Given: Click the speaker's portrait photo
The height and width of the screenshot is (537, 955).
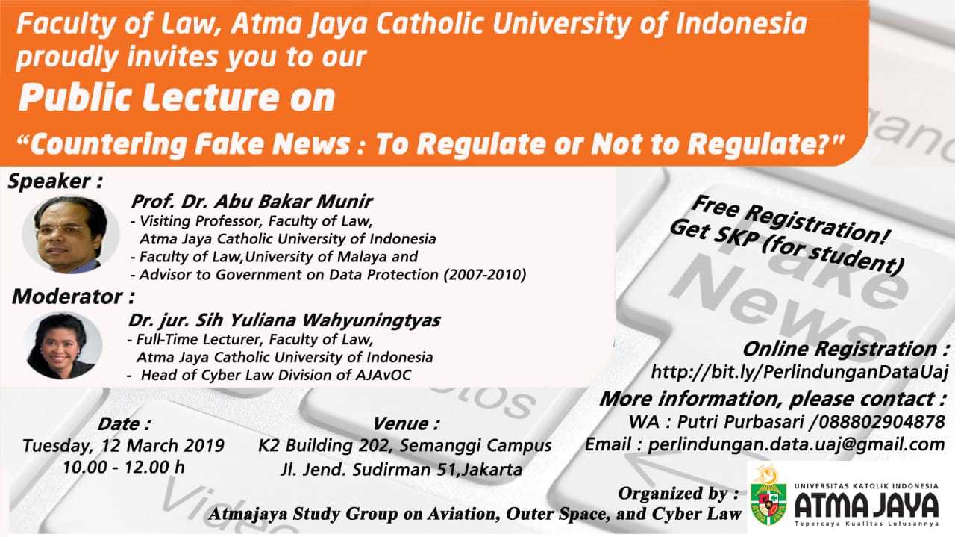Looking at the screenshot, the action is coord(71,235).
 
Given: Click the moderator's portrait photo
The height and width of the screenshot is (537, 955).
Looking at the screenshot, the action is coord(64,346).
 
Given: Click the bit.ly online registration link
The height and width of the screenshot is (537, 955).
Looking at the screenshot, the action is coord(799,372).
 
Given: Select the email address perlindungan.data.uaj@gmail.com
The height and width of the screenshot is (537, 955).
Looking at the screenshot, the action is coord(796,444).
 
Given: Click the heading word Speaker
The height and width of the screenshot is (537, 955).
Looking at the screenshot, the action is coord(49,181).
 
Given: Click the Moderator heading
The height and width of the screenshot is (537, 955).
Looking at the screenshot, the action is coord(67,297).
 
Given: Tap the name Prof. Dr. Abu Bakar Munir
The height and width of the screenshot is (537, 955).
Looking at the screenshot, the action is coord(251,202).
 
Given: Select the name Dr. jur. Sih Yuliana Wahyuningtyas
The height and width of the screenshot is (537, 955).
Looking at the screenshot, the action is coord(284,320).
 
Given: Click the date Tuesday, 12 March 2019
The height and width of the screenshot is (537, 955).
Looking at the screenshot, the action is coord(123,446).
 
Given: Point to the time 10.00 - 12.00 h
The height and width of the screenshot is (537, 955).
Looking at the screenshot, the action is coord(124,467).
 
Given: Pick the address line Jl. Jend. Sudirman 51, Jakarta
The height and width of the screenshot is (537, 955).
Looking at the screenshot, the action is coord(401,470).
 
